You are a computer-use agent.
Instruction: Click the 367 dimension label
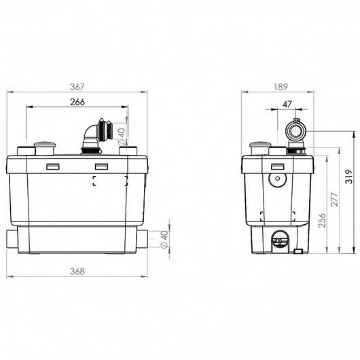coord(77,87)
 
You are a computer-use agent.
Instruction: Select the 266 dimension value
coord(77,102)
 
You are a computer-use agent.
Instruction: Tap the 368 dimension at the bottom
coord(77,272)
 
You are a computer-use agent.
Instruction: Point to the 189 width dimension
coord(281,87)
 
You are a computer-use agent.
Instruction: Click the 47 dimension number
coord(287,105)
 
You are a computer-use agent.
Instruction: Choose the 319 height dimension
coord(349,177)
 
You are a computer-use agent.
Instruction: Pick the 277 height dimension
coord(334,199)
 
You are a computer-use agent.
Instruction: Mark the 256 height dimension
coord(322,220)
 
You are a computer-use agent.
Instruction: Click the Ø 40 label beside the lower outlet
coord(164,240)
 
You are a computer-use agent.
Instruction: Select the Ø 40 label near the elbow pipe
coord(121,137)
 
